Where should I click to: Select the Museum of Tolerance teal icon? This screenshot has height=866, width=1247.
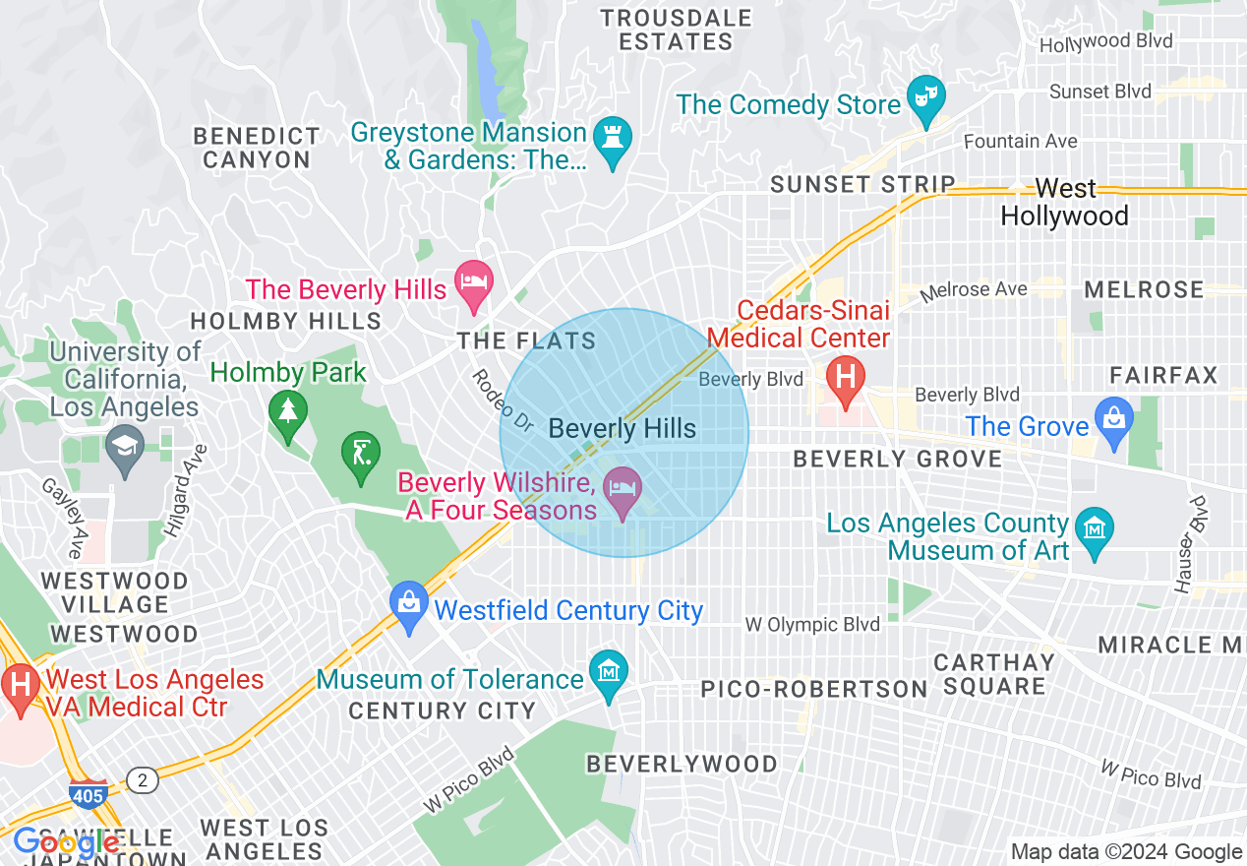(x=609, y=673)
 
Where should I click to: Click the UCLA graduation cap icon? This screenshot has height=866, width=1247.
(x=124, y=448)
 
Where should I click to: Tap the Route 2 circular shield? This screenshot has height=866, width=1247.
(x=143, y=780)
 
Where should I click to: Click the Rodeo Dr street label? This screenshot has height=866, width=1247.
(x=502, y=402)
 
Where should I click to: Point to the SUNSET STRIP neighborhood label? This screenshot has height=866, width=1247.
(x=862, y=184)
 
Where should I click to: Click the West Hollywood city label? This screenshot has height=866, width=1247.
(x=1064, y=202)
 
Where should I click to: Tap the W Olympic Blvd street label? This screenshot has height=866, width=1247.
(x=811, y=624)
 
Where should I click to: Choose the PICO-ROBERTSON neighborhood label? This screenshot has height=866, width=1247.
(x=813, y=689)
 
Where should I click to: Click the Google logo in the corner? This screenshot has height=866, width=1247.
(x=66, y=843)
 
